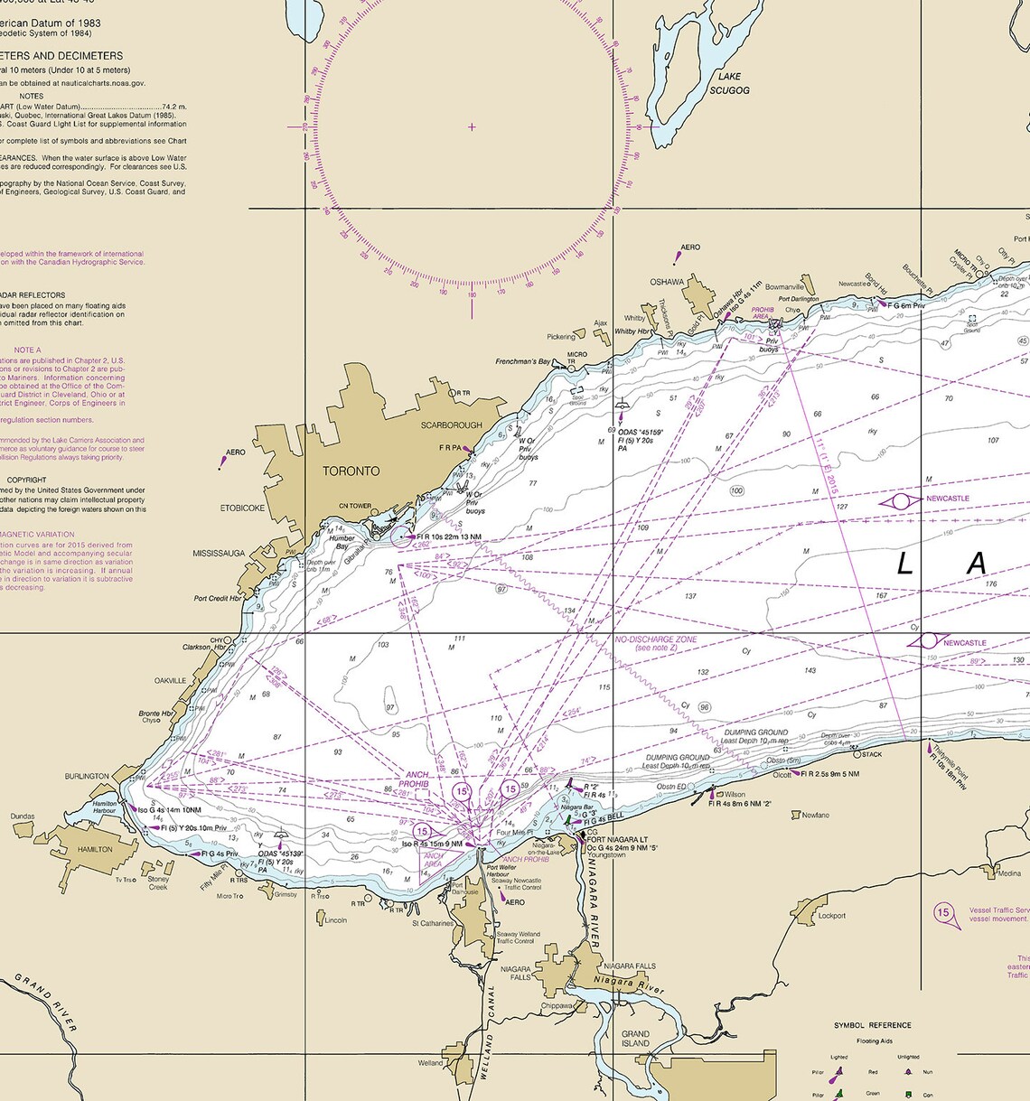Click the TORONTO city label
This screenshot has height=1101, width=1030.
351,471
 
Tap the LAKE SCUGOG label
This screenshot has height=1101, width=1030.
728,84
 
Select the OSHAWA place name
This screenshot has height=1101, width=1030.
667,283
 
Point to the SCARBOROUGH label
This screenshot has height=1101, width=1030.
451,425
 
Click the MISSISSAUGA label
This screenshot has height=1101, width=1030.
219,554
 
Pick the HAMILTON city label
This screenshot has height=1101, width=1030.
95,849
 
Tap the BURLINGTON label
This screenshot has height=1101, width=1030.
87,777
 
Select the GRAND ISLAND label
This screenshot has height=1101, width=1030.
635,1039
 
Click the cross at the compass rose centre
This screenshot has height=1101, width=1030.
472,127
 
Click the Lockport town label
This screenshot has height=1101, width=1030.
832,916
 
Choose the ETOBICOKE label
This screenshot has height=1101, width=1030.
242,509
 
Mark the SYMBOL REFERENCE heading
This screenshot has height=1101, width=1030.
872,1026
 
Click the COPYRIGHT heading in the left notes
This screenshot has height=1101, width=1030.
27,481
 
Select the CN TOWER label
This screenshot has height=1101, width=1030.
355,506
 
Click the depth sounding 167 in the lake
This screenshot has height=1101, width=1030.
881,596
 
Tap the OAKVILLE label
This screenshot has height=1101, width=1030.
170,681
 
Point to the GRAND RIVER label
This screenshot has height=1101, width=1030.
45,1003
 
